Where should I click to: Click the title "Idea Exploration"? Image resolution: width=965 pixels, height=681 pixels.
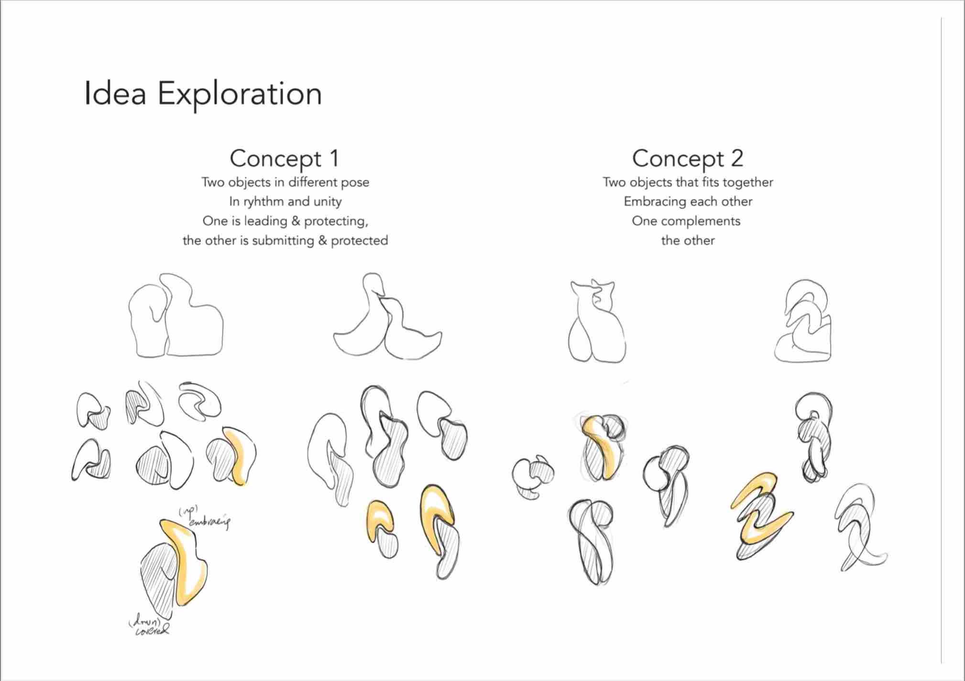[203, 94]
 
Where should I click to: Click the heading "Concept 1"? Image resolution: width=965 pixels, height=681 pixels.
[285, 158]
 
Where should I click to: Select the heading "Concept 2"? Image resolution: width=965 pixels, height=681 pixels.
[688, 158]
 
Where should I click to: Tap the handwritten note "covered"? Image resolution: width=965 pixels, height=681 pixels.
[152, 631]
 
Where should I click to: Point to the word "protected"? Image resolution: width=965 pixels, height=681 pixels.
[359, 240]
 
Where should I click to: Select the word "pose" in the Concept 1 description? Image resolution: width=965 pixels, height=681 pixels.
[354, 183]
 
